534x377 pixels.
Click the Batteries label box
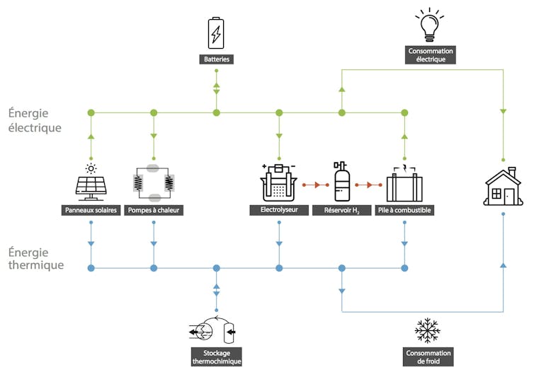tap(216, 59)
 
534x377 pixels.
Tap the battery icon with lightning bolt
tap(216, 33)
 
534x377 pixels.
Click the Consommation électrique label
tap(431, 55)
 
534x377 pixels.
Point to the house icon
tap(502, 186)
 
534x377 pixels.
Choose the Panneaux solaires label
tap(91, 210)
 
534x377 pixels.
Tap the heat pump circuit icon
tap(153, 184)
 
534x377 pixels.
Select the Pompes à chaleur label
tap(153, 210)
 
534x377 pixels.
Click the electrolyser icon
tap(278, 184)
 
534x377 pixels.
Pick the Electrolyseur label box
tap(278, 210)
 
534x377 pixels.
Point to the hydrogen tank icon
tap(341, 182)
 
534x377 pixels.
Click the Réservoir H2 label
tap(342, 210)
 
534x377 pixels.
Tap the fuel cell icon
tap(404, 185)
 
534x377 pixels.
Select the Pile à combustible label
tap(404, 210)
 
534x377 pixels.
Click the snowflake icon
tap(427, 330)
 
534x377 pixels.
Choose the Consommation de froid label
tap(428, 357)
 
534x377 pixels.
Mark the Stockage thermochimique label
tap(217, 356)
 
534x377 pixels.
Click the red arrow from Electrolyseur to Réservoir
tap(309, 185)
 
